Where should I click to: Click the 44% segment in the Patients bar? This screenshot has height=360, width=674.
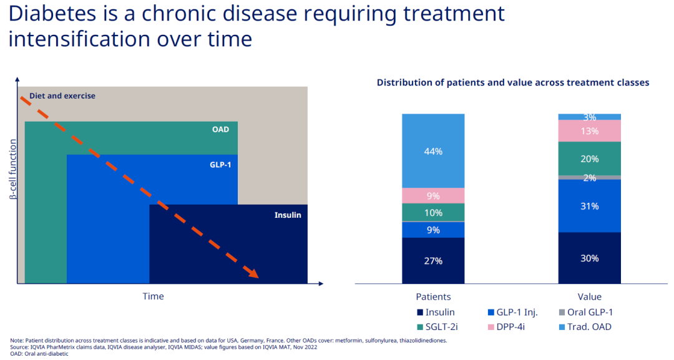pyautogui.click(x=433, y=151)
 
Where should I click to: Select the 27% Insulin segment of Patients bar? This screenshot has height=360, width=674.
pyautogui.click(x=433, y=261)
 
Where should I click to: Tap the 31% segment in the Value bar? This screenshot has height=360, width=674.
pyautogui.click(x=589, y=206)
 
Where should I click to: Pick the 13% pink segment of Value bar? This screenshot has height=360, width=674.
pyautogui.click(x=589, y=131)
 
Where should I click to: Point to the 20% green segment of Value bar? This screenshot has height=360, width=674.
pyautogui.click(x=589, y=159)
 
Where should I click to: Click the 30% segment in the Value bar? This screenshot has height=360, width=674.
pyautogui.click(x=589, y=258)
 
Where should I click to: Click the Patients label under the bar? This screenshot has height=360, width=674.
pyautogui.click(x=433, y=296)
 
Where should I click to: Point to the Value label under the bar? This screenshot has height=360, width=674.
pyautogui.click(x=589, y=296)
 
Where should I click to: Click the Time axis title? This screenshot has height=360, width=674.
pyautogui.click(x=153, y=296)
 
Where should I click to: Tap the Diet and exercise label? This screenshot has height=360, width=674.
pyautogui.click(x=62, y=96)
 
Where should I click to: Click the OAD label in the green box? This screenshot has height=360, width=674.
pyautogui.click(x=220, y=130)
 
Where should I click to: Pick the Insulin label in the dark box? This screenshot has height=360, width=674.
pyautogui.click(x=288, y=215)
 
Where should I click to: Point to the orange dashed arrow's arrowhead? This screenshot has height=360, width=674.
pyautogui.click(x=253, y=273)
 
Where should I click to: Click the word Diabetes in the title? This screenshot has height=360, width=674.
pyautogui.click(x=51, y=14)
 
